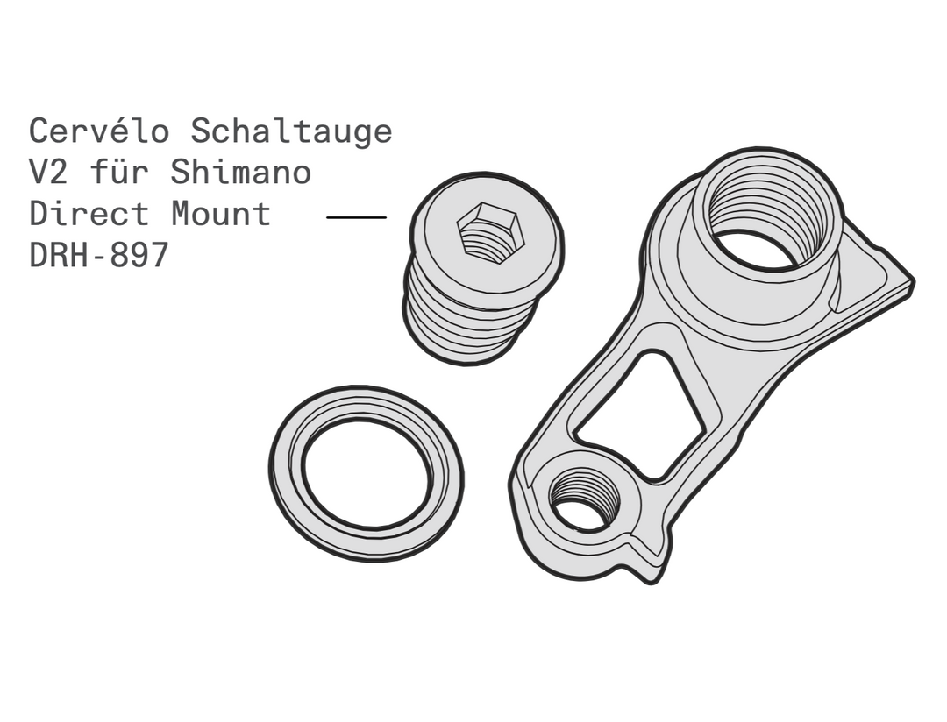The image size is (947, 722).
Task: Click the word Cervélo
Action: [99, 131]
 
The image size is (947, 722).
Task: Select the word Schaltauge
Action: [292, 131]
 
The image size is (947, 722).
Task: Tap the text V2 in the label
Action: [49, 172]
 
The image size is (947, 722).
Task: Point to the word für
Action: [119, 172]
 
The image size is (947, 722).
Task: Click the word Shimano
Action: [241, 172]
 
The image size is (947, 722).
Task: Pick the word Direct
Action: [89, 214]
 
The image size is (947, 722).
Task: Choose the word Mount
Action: [221, 214]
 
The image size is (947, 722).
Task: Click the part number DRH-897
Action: [99, 255]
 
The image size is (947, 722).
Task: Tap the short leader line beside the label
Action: [356, 216]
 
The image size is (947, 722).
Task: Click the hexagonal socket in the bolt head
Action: [490, 233]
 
